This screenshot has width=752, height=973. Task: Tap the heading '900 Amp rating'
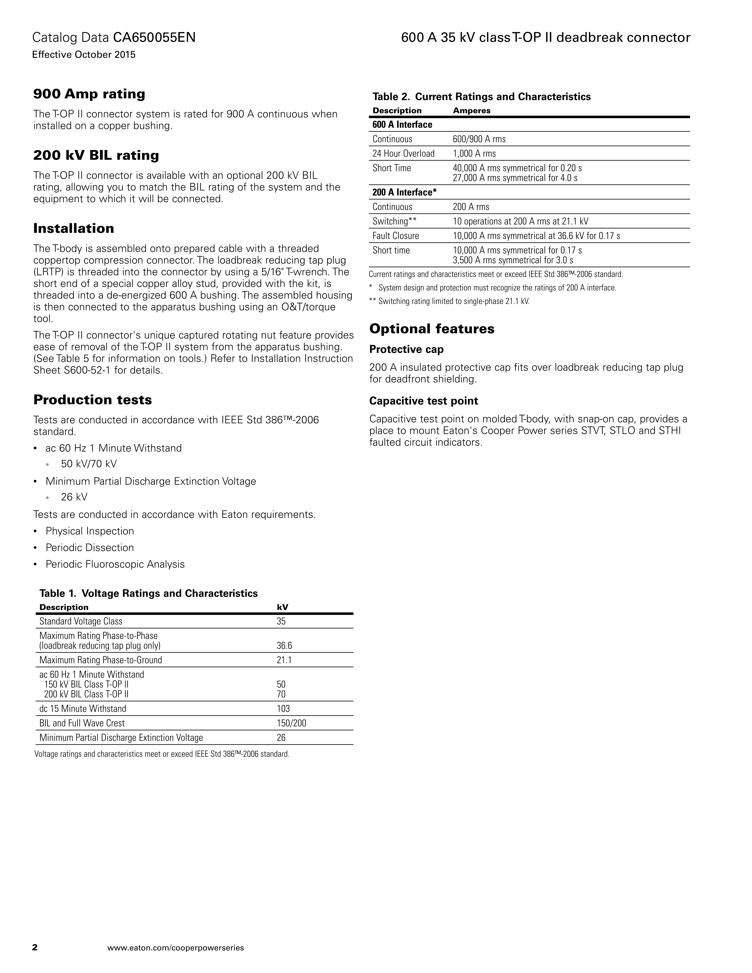coord(89,94)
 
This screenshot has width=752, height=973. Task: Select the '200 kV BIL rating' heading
coord(96,155)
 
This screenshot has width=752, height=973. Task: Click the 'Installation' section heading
coord(74,229)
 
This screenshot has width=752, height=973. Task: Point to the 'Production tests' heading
coord(93,400)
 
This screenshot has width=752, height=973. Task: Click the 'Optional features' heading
coord(432,329)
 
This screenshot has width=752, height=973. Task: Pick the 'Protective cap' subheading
coord(406,349)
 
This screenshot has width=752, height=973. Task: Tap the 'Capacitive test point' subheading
coord(423,401)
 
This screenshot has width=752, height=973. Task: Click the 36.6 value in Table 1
coord(284,646)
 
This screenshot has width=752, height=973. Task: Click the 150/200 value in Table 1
coord(291,723)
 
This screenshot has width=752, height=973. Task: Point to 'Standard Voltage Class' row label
coord(81,621)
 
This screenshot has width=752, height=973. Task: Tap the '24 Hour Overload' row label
coord(403,154)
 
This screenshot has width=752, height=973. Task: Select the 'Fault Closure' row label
coord(396,236)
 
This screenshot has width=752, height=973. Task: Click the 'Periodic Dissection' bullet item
coord(90,547)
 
